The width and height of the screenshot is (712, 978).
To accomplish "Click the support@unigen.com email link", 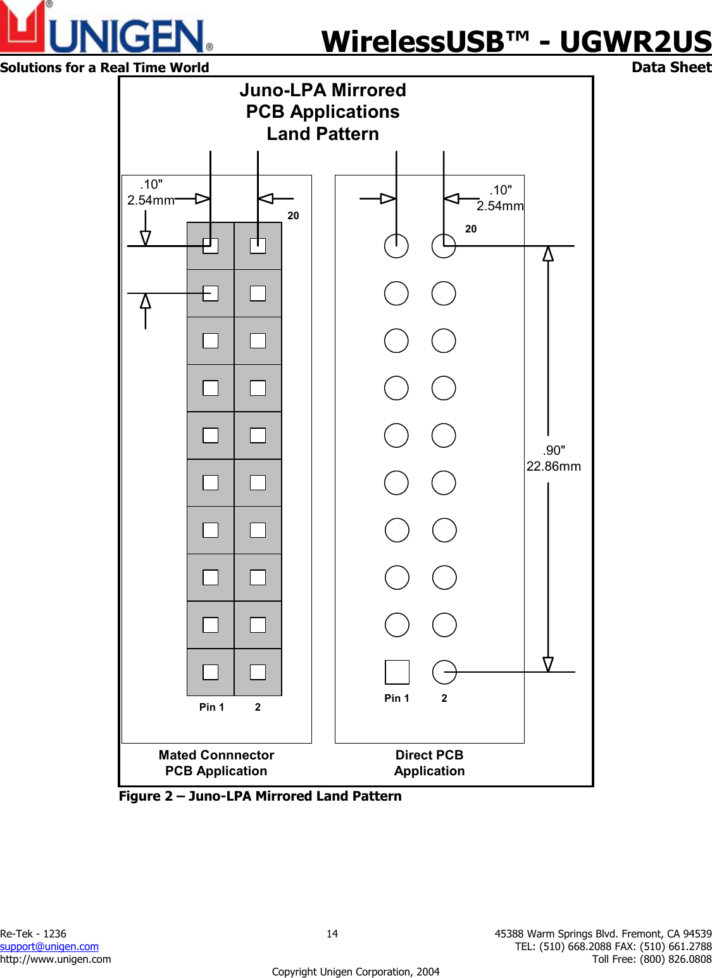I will tap(49, 946).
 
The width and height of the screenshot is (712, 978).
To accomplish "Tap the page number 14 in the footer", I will tap(332, 934).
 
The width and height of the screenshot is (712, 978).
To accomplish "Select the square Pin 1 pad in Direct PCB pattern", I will tap(397, 672).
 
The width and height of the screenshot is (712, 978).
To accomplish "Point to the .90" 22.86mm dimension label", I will tap(554, 459).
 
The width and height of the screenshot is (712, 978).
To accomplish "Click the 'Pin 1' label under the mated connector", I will tap(211, 707).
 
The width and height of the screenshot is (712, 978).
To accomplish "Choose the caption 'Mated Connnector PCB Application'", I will tap(216, 763).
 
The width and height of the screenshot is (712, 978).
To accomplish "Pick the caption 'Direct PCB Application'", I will tap(429, 763).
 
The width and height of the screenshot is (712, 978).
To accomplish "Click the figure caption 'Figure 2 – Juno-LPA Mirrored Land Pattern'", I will tap(260, 796).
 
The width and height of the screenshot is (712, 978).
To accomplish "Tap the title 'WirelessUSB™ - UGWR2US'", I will tap(516, 42).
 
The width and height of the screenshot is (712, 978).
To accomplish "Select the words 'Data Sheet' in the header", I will tap(671, 67).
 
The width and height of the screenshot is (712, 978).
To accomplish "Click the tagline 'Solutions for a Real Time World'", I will tap(104, 68).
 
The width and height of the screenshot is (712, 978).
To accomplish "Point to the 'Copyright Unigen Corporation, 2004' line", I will tap(356, 972).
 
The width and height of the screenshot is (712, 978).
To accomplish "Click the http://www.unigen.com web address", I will tap(56, 959).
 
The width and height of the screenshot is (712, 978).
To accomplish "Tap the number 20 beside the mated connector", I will tap(293, 215).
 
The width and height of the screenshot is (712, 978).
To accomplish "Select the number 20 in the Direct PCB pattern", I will tap(471, 229).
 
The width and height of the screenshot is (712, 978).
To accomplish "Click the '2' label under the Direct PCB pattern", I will tap(444, 698).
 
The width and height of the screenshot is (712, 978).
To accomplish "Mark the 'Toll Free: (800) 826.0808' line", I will tap(652, 959).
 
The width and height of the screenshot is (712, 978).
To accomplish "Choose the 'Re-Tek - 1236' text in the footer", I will tap(33, 934).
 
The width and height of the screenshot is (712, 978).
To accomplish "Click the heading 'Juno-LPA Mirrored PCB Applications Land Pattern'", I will tap(323, 112).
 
